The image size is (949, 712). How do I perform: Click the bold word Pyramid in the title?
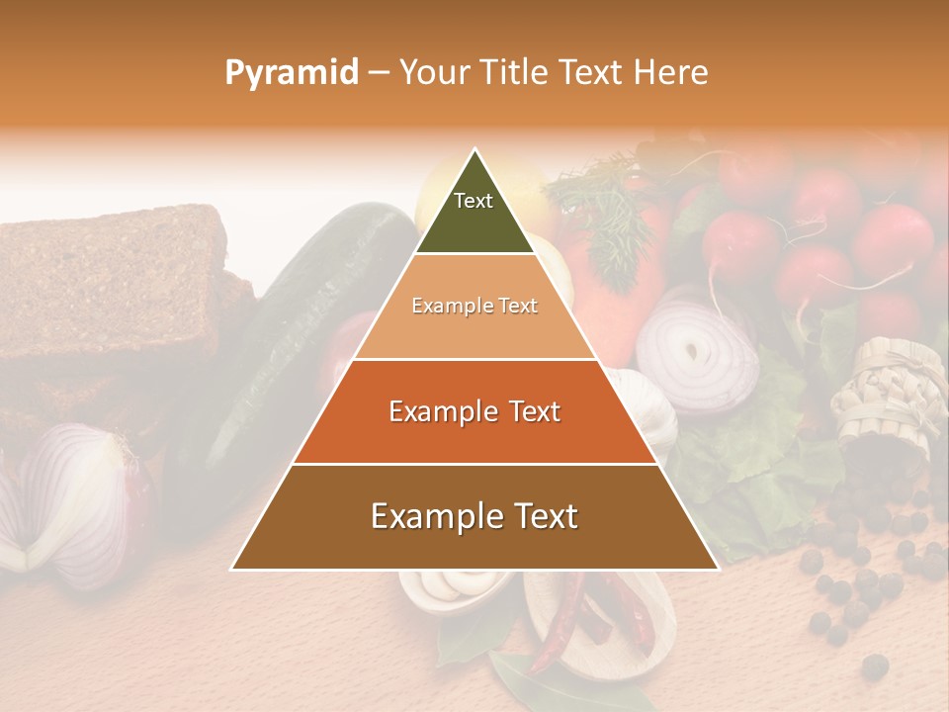coord(292,73)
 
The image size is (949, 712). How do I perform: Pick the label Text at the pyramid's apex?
coord(474,201)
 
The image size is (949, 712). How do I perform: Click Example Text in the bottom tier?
coord(474,516)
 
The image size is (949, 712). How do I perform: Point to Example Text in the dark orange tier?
coord(474,411)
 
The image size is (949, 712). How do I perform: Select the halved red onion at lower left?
coord(69,504)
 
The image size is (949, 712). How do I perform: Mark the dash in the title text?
coord(379,73)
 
